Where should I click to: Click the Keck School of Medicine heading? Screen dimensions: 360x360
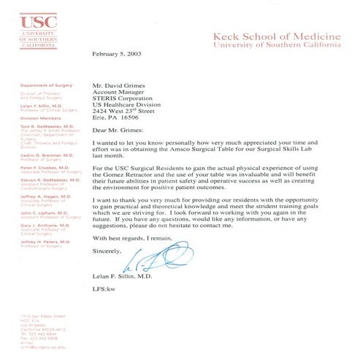click(275, 36)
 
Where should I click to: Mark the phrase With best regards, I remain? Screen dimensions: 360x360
click(133, 239)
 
